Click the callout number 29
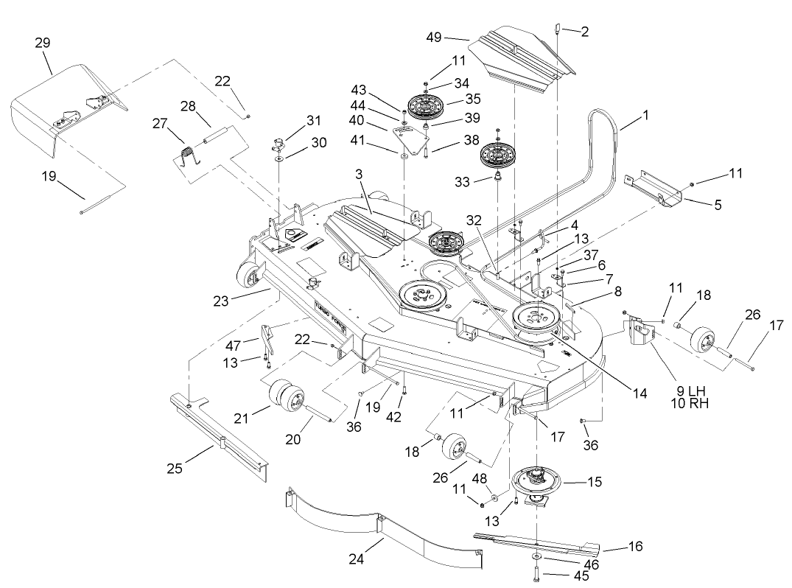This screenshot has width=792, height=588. point(42,43)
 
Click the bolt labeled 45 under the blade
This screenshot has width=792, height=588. point(534,573)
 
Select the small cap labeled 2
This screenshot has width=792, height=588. point(558,29)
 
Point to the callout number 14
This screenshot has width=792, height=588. point(639,395)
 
